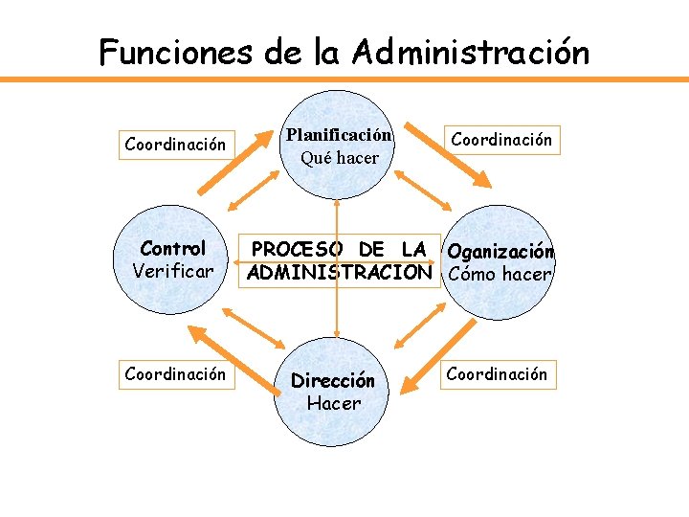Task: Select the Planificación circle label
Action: (x=339, y=135)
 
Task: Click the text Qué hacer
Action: (x=340, y=157)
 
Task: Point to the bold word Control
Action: (x=173, y=249)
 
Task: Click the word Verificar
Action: (x=173, y=271)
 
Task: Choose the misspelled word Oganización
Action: (x=500, y=252)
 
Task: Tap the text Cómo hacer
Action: (x=500, y=274)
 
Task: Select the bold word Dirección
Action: (x=333, y=380)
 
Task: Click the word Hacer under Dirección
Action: (x=333, y=403)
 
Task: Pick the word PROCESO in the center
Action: (x=296, y=250)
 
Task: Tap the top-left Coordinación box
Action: (x=175, y=145)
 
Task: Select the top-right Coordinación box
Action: (x=501, y=140)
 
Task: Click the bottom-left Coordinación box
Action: (x=175, y=373)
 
